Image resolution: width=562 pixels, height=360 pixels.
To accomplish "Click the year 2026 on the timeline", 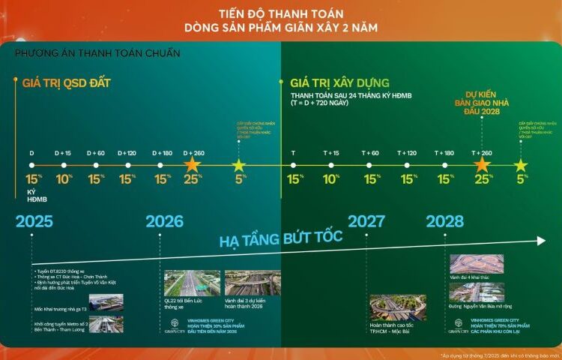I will [x=164, y=221].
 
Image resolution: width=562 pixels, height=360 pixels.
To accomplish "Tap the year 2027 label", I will [x=366, y=221].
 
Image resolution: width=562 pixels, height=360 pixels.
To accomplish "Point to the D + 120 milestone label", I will [x=127, y=153].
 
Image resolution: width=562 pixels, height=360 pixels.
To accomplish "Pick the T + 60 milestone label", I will [x=370, y=153].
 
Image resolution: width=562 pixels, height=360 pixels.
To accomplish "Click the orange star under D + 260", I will [x=192, y=164].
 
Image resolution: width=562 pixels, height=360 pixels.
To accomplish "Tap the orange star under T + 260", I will [x=482, y=164].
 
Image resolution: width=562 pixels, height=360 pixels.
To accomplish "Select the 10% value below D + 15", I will [x=64, y=180].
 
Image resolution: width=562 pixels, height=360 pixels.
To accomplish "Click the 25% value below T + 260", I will [x=482, y=180].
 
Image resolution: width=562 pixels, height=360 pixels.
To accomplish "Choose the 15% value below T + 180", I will [x=445, y=180].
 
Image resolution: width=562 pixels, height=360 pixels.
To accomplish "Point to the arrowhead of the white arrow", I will [x=542, y=241].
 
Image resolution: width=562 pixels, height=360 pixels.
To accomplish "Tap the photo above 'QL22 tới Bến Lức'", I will [x=181, y=283].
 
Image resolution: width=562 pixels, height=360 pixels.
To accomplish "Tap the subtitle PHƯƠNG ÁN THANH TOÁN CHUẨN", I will [x=97, y=54].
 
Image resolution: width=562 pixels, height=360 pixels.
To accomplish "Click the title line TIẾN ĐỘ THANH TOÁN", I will [x=281, y=13].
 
